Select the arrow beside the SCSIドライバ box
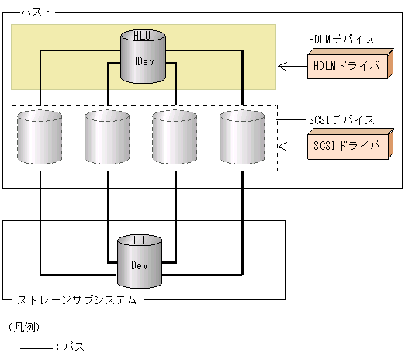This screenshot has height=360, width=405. (290, 145)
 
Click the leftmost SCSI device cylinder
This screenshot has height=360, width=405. (40, 137)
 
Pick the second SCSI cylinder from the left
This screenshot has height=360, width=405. (107, 137)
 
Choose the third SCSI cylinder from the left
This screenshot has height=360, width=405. (175, 137)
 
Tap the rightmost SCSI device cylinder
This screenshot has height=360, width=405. (242, 137)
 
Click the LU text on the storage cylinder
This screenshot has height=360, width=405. (140, 241)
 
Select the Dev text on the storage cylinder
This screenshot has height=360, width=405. (140, 264)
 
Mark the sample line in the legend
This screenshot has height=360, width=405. (35, 347)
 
